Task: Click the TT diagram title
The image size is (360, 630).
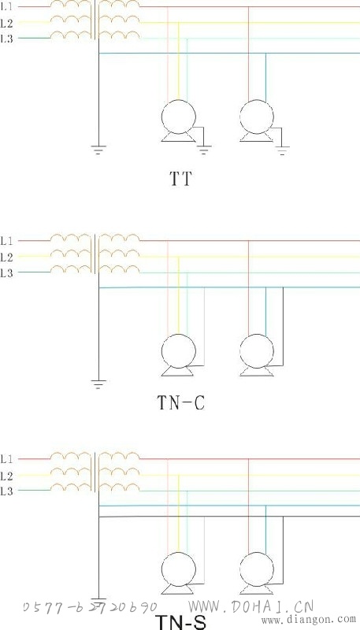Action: point(180,179)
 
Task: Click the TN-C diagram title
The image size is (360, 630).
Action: point(180,402)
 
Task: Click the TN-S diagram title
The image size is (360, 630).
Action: point(180,621)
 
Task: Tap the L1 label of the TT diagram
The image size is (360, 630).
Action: point(7,7)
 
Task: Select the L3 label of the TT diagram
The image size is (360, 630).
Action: point(7,39)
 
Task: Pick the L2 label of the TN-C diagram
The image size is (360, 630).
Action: point(7,257)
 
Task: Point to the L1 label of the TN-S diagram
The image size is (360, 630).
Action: point(7,459)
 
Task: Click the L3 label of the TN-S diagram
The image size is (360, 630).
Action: point(7,491)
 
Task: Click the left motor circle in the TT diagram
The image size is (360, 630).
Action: point(179,100)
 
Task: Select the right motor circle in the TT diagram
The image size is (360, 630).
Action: point(257,100)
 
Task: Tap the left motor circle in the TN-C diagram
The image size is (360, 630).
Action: point(179,334)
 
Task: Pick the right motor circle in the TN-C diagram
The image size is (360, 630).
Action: point(257,334)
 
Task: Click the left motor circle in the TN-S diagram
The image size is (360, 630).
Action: point(179,553)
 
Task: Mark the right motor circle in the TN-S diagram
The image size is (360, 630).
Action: point(257,553)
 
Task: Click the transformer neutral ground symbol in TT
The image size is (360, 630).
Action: point(98,150)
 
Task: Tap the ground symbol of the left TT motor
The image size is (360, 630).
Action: point(204,150)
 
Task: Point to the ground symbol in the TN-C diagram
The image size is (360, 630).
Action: point(98,384)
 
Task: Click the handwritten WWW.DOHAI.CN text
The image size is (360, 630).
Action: point(251,606)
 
